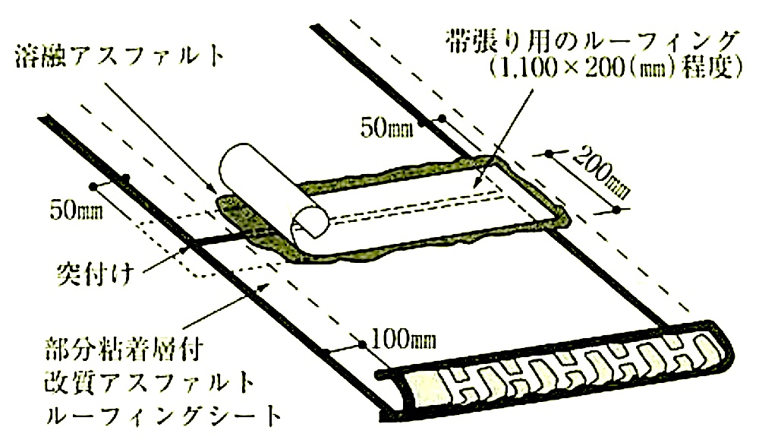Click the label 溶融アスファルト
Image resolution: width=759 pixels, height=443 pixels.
121,57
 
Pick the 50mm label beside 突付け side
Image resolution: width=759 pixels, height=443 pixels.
76,210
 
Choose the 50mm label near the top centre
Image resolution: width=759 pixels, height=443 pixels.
387,129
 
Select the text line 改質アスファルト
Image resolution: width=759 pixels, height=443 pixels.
149,384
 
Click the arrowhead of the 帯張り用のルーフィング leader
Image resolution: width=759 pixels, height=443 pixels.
477,183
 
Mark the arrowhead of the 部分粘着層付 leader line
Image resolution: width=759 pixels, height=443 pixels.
264,286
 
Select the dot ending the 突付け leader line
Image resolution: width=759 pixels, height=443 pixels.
182,251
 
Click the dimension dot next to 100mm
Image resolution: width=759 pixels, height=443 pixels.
361,343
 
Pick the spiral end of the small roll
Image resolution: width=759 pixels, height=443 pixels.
310,223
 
